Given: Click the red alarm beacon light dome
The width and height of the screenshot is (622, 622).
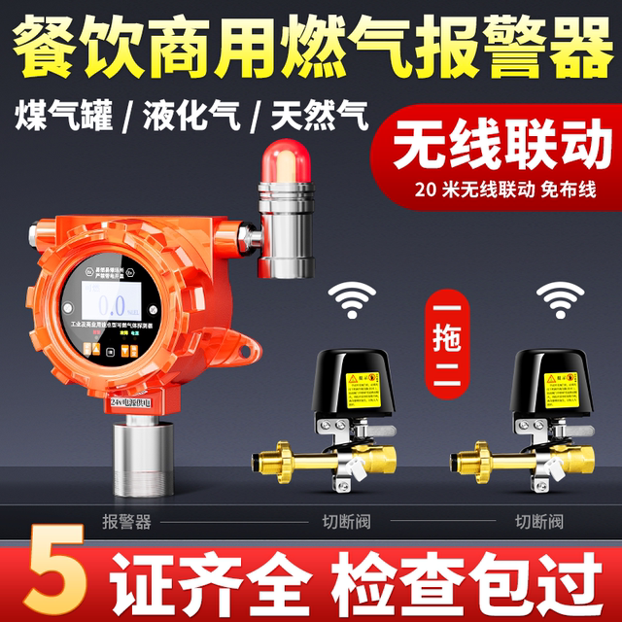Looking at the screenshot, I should pos(288,156).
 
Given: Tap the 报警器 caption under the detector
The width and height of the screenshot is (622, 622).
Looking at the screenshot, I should pos(126,522).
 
